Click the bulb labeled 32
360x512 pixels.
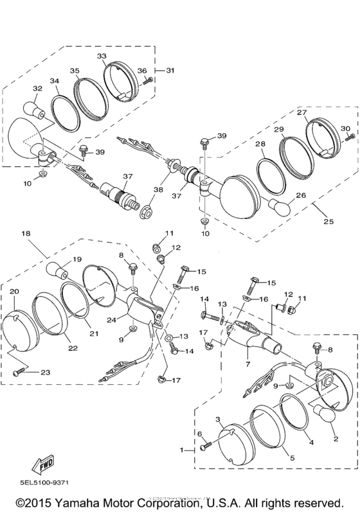point(32,109)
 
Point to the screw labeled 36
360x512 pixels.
point(147,80)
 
